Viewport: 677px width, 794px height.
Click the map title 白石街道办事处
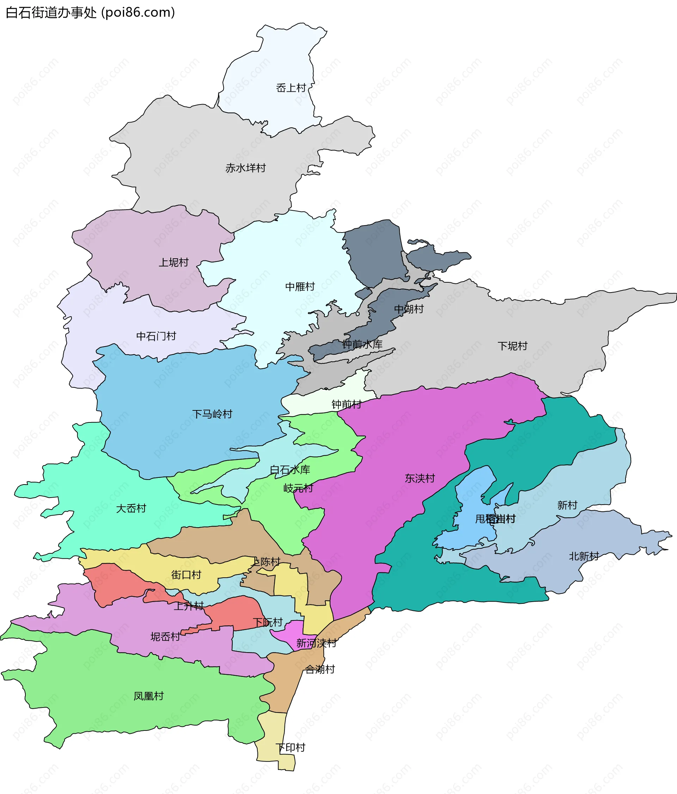coord(90,13)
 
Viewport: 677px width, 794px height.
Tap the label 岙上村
coord(291,88)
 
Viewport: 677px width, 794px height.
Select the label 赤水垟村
coord(245,168)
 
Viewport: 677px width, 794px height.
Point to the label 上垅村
coord(173,263)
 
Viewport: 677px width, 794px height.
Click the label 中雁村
coord(300,287)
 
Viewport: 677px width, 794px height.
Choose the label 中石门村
coord(156,336)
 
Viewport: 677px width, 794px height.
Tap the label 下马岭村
coord(212,414)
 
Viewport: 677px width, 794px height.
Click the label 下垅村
coord(512,346)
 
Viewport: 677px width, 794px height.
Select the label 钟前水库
coord(362,344)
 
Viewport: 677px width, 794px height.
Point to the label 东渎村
coord(420,478)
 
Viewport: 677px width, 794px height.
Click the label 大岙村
coord(131,509)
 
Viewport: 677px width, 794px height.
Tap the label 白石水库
coord(290,470)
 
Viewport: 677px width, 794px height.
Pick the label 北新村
coord(584,556)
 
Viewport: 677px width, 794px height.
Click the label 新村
coord(567,505)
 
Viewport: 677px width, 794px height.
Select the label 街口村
coord(186,575)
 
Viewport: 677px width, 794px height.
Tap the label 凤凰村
coord(148,696)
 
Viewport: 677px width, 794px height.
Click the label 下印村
coord(290,747)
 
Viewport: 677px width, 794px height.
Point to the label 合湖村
coord(320,669)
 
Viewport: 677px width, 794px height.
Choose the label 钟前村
coord(346,404)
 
